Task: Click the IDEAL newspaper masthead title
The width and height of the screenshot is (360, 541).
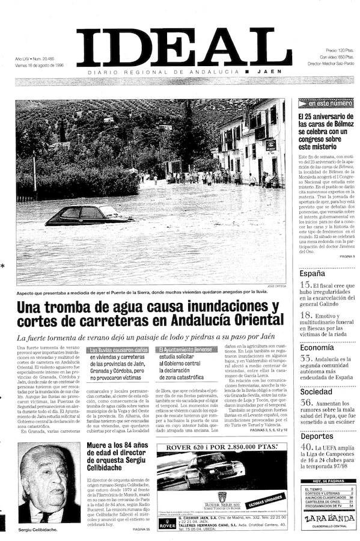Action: pos(183,47)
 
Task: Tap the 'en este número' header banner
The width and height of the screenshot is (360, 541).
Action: pos(326,103)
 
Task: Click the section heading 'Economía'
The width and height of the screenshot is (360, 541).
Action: pos(317,347)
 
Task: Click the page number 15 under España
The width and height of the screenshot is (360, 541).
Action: pos(305,285)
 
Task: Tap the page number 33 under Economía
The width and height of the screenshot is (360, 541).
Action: pos(305,359)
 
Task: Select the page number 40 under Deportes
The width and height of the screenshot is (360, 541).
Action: pos(306,447)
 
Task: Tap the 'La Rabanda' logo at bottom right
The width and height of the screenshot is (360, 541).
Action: pos(326,518)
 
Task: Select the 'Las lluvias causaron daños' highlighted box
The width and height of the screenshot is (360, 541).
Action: pos(118,349)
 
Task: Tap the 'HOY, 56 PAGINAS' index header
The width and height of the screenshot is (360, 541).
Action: pos(326,481)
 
